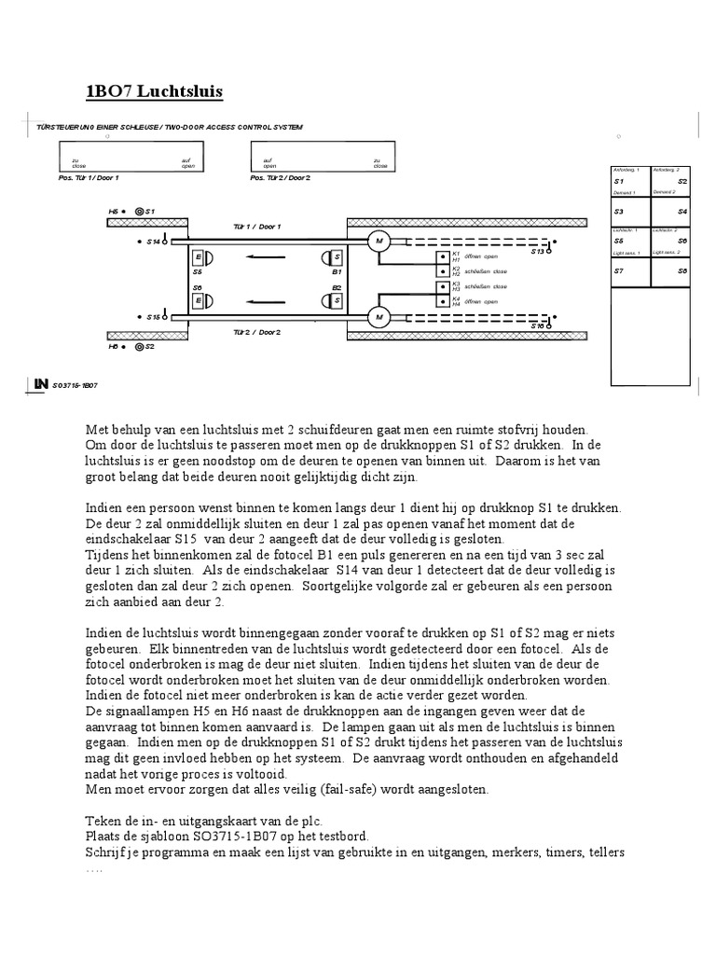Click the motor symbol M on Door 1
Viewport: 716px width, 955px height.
pyautogui.click(x=379, y=242)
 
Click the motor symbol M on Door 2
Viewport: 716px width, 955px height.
pyautogui.click(x=379, y=317)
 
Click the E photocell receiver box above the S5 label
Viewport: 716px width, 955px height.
pyautogui.click(x=198, y=257)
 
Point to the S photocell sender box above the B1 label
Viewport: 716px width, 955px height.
pyautogui.click(x=337, y=257)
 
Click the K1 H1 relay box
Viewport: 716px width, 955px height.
pyautogui.click(x=444, y=256)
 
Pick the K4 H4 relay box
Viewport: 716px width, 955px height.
pyautogui.click(x=444, y=301)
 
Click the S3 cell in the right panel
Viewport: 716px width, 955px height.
pyautogui.click(x=629, y=212)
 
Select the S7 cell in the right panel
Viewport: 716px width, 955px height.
pyautogui.click(x=629, y=270)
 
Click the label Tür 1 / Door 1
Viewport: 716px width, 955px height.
pyautogui.click(x=256, y=227)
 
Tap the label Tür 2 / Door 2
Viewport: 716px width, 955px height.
pyautogui.click(x=256, y=331)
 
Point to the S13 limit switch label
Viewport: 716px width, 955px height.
pyautogui.click(x=538, y=251)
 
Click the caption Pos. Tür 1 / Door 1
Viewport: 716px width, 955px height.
pyautogui.click(x=89, y=177)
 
